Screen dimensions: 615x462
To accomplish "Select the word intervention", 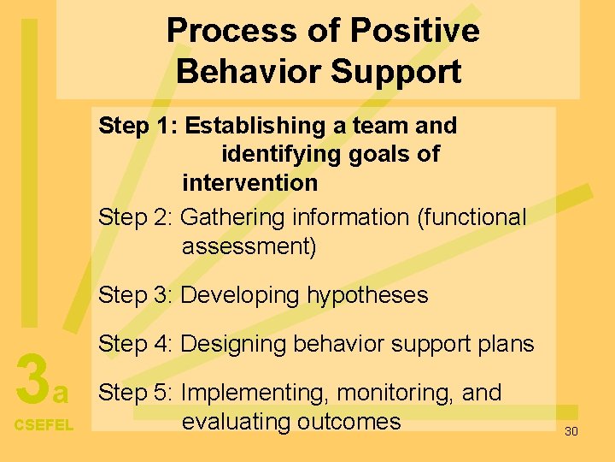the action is [249, 182].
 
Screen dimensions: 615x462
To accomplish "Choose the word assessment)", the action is [249, 247].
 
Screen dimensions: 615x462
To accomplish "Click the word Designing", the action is [235, 344].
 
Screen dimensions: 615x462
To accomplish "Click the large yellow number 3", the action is [32, 380].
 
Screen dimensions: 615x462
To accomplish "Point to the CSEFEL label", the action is [44, 425].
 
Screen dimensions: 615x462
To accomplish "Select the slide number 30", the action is [571, 431].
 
